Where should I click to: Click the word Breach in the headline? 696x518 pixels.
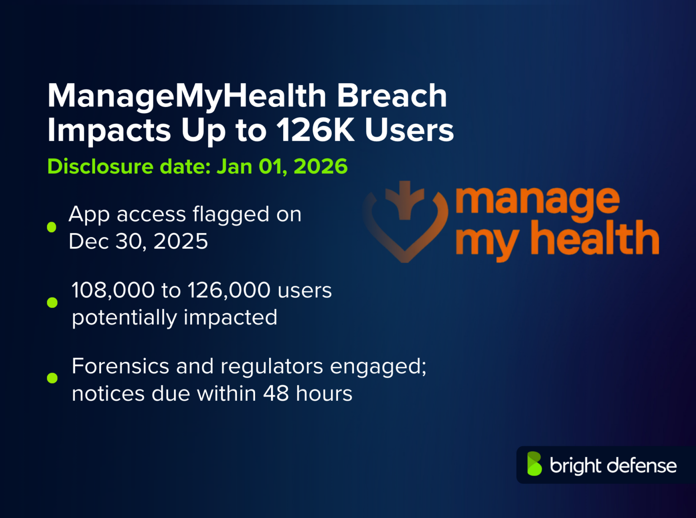point(392,96)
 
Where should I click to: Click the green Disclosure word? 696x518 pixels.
point(101,166)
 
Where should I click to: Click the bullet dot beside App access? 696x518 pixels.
point(52,227)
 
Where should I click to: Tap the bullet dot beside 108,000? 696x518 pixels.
point(52,302)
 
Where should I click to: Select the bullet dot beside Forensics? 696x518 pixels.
point(52,378)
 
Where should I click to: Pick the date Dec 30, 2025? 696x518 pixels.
point(138,241)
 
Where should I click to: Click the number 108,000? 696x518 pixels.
point(113,290)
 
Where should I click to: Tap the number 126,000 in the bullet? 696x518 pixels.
point(229,290)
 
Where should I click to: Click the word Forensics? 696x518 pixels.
point(121,366)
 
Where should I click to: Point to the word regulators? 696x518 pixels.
point(272,366)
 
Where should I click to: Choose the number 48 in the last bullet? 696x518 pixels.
point(276,393)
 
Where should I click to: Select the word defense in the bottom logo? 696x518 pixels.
point(642,465)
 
